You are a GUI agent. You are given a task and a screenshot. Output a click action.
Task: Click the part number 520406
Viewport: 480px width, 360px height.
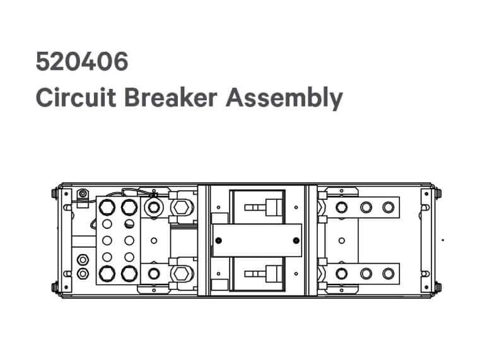point(82,62)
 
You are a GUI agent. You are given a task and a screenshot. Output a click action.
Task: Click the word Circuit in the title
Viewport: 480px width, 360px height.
point(76,98)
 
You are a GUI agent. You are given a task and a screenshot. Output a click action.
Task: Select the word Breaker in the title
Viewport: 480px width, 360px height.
point(171,98)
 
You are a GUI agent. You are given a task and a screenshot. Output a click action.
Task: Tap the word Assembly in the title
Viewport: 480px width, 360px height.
point(284,98)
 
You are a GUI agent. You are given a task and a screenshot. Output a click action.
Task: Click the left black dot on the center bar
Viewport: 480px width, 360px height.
point(218,241)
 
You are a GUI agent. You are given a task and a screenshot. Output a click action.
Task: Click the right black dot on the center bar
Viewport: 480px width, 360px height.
point(296,241)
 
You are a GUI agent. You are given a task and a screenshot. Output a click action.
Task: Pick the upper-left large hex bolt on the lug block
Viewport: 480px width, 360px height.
point(107,207)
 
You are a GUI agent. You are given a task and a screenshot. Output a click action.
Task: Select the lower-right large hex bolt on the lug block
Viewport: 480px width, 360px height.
point(129,274)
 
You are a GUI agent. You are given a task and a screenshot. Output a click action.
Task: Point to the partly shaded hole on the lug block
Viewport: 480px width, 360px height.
point(129,224)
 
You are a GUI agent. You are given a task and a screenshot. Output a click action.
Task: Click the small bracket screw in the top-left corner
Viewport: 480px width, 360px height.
point(83,194)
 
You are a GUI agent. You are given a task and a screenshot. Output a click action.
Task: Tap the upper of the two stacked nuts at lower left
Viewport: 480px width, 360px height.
point(83,260)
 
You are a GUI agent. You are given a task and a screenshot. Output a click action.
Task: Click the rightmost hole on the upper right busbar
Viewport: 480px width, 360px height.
point(389,207)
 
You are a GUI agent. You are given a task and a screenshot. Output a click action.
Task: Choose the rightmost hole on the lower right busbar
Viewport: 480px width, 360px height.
point(389,274)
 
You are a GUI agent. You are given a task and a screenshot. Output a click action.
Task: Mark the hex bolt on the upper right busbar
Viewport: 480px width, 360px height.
point(341,207)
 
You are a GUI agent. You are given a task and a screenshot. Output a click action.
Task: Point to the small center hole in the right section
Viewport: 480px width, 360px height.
point(342,241)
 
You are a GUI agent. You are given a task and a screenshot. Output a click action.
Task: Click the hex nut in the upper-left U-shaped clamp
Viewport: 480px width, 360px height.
point(181,207)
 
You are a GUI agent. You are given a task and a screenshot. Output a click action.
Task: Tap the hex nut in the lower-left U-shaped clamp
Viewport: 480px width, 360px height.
point(181,274)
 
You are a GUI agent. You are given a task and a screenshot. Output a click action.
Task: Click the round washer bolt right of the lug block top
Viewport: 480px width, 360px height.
point(153,207)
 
